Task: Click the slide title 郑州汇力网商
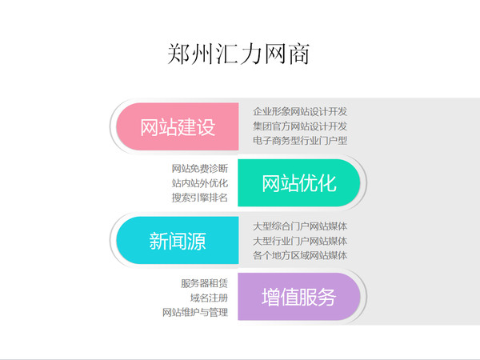click(238, 54)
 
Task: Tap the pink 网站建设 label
click(178, 127)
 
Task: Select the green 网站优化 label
click(299, 183)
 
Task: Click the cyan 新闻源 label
click(178, 241)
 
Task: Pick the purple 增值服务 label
click(299, 297)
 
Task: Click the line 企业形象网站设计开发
click(300, 112)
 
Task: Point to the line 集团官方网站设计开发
click(300, 126)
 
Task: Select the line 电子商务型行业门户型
click(300, 141)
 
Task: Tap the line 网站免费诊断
click(200, 168)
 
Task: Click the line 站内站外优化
click(200, 183)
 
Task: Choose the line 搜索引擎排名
click(200, 198)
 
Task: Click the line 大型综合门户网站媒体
click(300, 226)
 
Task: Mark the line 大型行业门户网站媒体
click(300, 241)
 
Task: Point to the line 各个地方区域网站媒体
click(300, 255)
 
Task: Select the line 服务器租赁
click(205, 283)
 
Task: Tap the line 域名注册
click(209, 298)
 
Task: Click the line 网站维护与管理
click(195, 312)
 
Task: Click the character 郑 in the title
click(178, 54)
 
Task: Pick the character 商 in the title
click(298, 54)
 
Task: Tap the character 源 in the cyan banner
click(196, 241)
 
